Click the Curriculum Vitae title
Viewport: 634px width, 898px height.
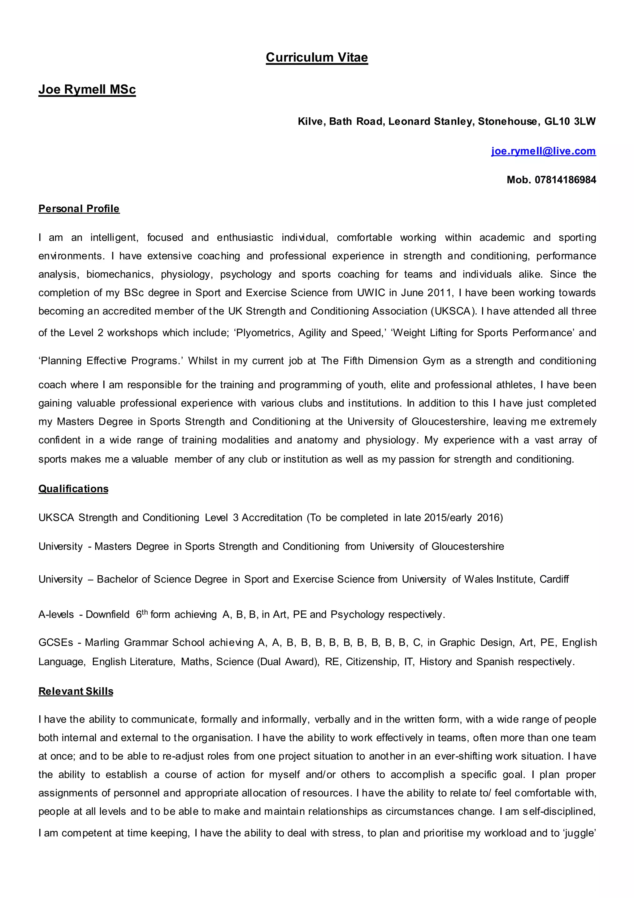click(x=316, y=58)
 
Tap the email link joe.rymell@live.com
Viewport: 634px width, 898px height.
click(x=543, y=151)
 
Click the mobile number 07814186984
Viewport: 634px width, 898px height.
click(x=565, y=180)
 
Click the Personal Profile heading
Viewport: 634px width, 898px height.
click(x=79, y=208)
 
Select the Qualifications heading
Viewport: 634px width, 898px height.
click(x=73, y=489)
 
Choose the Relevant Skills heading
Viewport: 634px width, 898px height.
click(x=76, y=691)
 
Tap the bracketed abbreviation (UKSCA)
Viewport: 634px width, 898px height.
click(x=454, y=311)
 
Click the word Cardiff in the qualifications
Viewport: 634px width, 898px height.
click(x=554, y=579)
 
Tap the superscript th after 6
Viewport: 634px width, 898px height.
click(x=144, y=612)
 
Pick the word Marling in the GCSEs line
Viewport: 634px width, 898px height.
click(x=102, y=643)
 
